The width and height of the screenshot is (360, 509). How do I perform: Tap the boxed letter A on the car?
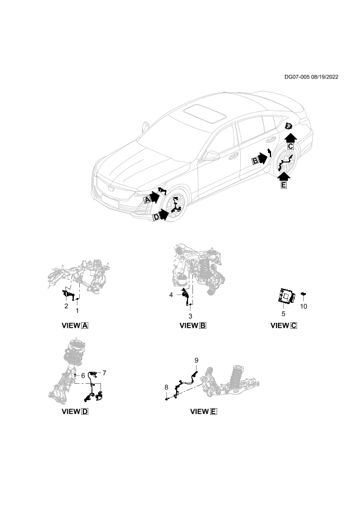(x=148, y=199)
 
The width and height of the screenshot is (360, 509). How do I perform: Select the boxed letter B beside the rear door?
(x=255, y=161)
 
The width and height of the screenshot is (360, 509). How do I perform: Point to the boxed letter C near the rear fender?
(x=290, y=146)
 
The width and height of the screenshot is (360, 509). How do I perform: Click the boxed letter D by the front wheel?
(x=157, y=217)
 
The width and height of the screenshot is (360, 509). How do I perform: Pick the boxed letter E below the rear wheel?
(x=284, y=186)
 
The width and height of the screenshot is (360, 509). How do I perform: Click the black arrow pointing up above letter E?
(x=284, y=176)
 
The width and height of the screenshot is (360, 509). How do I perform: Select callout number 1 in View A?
(x=77, y=311)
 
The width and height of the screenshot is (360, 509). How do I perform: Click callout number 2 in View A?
(x=67, y=306)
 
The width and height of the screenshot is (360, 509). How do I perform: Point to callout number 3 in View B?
(x=191, y=316)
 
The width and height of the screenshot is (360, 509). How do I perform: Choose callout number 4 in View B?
(x=171, y=295)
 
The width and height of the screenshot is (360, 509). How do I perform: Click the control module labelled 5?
(x=287, y=296)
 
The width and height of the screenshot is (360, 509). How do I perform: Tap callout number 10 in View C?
(x=304, y=306)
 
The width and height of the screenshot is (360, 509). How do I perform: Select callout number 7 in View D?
(x=104, y=373)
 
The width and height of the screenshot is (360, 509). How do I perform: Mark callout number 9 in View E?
(x=196, y=360)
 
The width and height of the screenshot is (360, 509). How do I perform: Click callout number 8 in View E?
(x=166, y=387)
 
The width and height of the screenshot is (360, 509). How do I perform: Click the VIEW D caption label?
(x=75, y=411)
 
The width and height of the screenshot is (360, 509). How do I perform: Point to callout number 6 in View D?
(x=83, y=375)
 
